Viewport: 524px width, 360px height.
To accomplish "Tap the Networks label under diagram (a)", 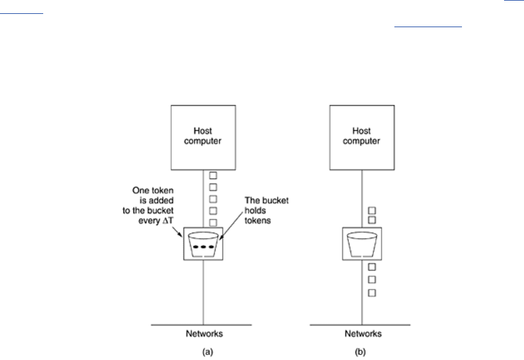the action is pyautogui.click(x=204, y=333).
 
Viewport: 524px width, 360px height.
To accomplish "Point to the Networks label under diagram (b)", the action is pyautogui.click(x=363, y=333).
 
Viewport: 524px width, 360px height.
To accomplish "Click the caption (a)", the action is pyautogui.click(x=208, y=352).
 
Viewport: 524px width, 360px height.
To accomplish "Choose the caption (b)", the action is pyautogui.click(x=360, y=352).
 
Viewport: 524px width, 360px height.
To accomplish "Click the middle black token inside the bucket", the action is pyautogui.click(x=203, y=247).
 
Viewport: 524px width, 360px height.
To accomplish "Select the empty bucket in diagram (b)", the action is pyautogui.click(x=362, y=245).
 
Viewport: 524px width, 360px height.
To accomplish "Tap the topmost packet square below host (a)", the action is pyautogui.click(x=213, y=176).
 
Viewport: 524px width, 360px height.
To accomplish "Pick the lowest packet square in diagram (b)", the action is pyautogui.click(x=372, y=293).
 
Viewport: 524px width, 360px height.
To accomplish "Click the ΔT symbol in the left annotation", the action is pyautogui.click(x=168, y=220).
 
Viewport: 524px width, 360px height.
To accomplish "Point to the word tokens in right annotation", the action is pyautogui.click(x=258, y=220).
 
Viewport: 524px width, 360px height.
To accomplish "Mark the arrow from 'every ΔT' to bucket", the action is pyautogui.click(x=177, y=232).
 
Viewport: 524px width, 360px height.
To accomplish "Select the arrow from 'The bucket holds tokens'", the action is pyautogui.click(x=231, y=225).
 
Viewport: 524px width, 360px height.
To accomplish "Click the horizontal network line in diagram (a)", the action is pyautogui.click(x=201, y=325).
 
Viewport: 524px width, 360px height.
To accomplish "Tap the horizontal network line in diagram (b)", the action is pyautogui.click(x=360, y=325).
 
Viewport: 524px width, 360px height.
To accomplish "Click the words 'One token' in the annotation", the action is pyautogui.click(x=153, y=190).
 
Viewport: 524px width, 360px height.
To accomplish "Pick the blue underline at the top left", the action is pyautogui.click(x=22, y=14).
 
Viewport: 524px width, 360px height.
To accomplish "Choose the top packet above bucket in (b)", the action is pyautogui.click(x=372, y=210).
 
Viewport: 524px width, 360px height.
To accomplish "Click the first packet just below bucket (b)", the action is pyautogui.click(x=372, y=267).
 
